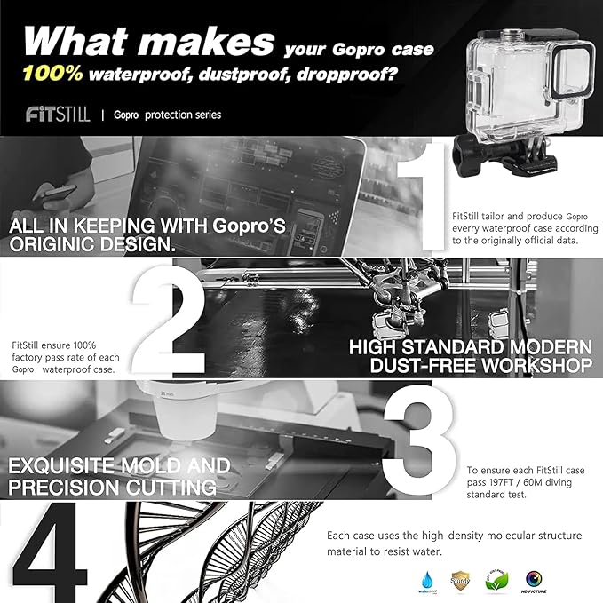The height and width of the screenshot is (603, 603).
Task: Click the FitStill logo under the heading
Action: pyautogui.click(x=58, y=115)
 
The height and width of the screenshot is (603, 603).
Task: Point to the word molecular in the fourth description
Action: pyautogui.click(x=491, y=536)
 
